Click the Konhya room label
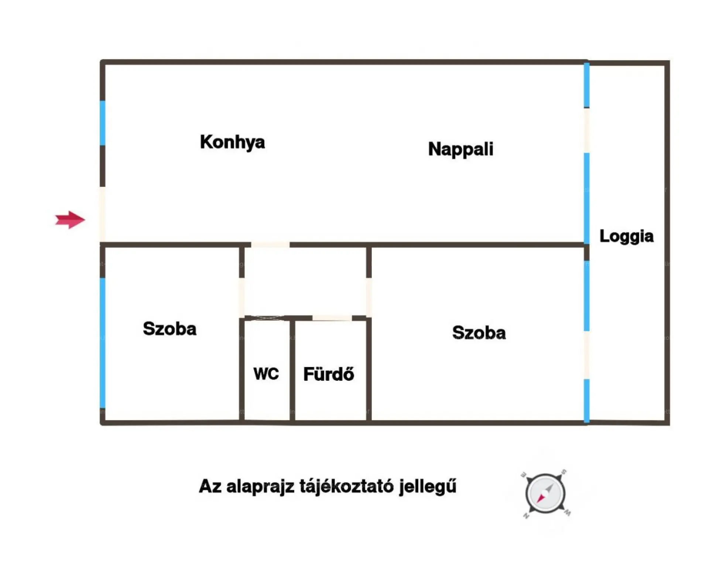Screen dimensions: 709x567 [x=232, y=142]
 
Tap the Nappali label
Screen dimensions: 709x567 [x=460, y=149]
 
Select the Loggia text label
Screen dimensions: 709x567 [x=626, y=236]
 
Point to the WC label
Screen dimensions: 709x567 [x=266, y=374]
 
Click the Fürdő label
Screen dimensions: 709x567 [x=329, y=374]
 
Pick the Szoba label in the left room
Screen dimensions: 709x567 [x=169, y=329]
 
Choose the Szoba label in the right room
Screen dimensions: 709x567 [x=479, y=332]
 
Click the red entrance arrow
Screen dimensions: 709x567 [x=70, y=220]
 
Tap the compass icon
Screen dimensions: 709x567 [x=545, y=493]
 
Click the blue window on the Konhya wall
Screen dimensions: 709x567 [x=103, y=123]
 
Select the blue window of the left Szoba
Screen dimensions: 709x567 [x=103, y=343]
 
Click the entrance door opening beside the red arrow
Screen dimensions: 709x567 [x=102, y=215]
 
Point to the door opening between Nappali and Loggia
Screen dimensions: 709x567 [x=586, y=130]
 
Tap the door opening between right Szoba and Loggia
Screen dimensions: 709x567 [x=586, y=355]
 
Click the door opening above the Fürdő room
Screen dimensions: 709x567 [x=332, y=318]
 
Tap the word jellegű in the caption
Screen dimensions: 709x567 [x=428, y=487]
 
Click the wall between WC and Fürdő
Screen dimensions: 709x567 [x=292, y=370]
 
